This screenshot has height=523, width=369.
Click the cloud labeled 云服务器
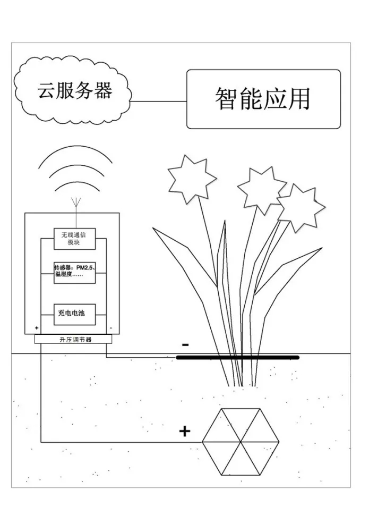click(74, 90)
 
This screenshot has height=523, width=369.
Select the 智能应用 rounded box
click(263, 99)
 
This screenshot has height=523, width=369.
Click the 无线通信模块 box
click(75, 239)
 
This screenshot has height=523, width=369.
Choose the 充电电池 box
click(75, 314)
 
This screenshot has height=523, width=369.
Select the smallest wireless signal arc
click(75, 184)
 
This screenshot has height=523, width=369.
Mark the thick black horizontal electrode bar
click(237, 357)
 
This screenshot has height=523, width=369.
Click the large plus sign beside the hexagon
click(184, 431)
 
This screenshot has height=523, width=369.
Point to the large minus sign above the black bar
click(185, 345)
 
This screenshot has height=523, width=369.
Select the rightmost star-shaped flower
click(301, 207)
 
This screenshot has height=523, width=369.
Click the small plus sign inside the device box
click(37, 328)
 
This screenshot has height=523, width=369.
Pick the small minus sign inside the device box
click(110, 328)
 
